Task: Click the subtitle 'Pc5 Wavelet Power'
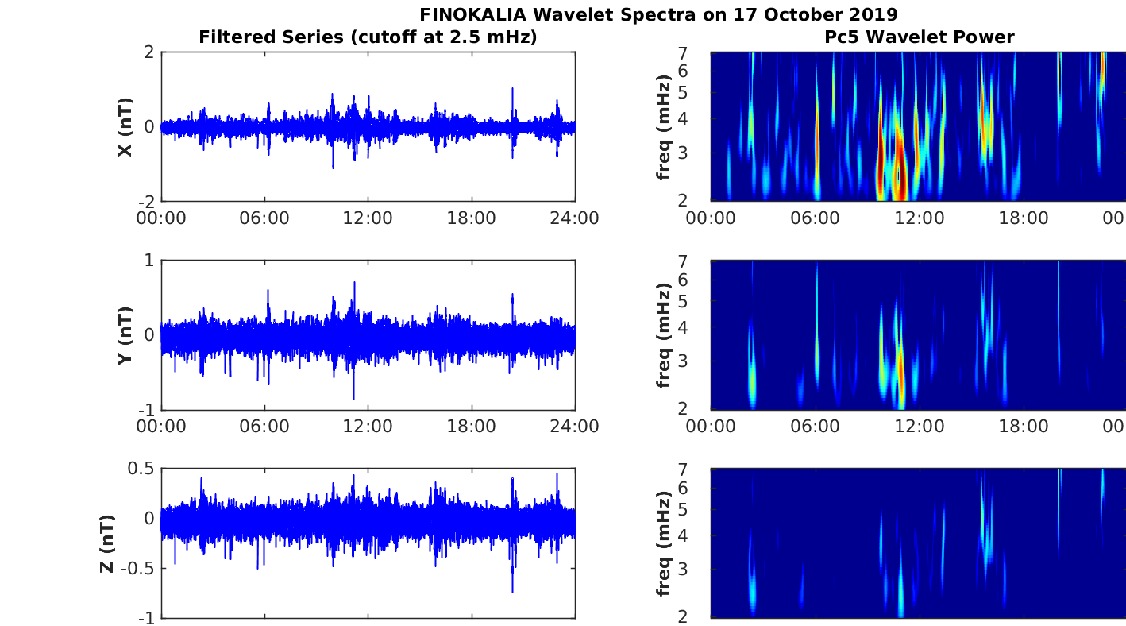(919, 37)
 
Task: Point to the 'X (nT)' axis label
(125, 127)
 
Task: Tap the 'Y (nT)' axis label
(125, 335)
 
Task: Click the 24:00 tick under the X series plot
(575, 218)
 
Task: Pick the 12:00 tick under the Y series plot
(368, 426)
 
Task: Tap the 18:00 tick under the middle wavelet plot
(1023, 426)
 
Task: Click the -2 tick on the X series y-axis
(146, 202)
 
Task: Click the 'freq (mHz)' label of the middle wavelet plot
(664, 335)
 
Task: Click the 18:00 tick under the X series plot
(472, 218)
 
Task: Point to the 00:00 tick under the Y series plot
(162, 426)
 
